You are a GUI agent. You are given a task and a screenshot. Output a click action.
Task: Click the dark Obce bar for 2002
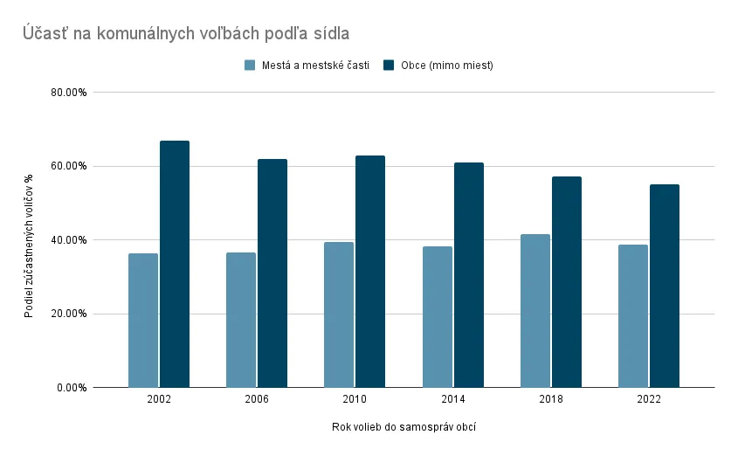175,264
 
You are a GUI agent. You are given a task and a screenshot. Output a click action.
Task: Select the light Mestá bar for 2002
143,321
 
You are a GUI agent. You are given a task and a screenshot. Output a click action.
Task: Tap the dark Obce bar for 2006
272,273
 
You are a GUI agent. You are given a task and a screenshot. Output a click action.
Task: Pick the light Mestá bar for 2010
339,314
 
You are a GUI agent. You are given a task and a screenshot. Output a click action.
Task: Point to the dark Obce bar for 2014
468,274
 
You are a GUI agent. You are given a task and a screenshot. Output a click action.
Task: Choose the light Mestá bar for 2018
535,311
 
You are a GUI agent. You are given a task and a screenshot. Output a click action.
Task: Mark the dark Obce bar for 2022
665,286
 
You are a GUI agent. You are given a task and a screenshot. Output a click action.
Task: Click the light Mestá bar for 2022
633,316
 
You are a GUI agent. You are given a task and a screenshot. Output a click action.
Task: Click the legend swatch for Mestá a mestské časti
251,66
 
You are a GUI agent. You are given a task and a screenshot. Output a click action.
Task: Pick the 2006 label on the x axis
257,399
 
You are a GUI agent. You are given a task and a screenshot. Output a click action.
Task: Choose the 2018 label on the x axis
551,399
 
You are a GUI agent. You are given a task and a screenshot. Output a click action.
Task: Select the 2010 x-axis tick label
355,399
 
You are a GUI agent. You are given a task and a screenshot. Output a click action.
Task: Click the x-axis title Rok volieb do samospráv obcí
403,427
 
